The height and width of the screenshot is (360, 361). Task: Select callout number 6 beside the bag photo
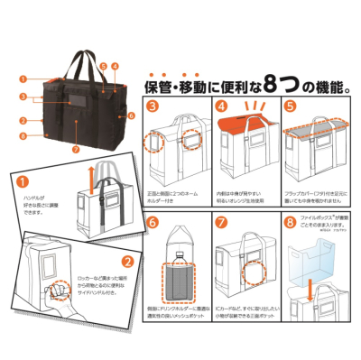tap(132, 115)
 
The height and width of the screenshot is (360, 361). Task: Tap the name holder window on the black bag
tap(79, 124)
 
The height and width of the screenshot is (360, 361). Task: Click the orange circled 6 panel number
tap(153, 220)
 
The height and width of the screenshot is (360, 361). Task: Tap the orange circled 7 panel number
tap(221, 220)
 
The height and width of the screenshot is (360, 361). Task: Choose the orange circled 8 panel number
tap(289, 220)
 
